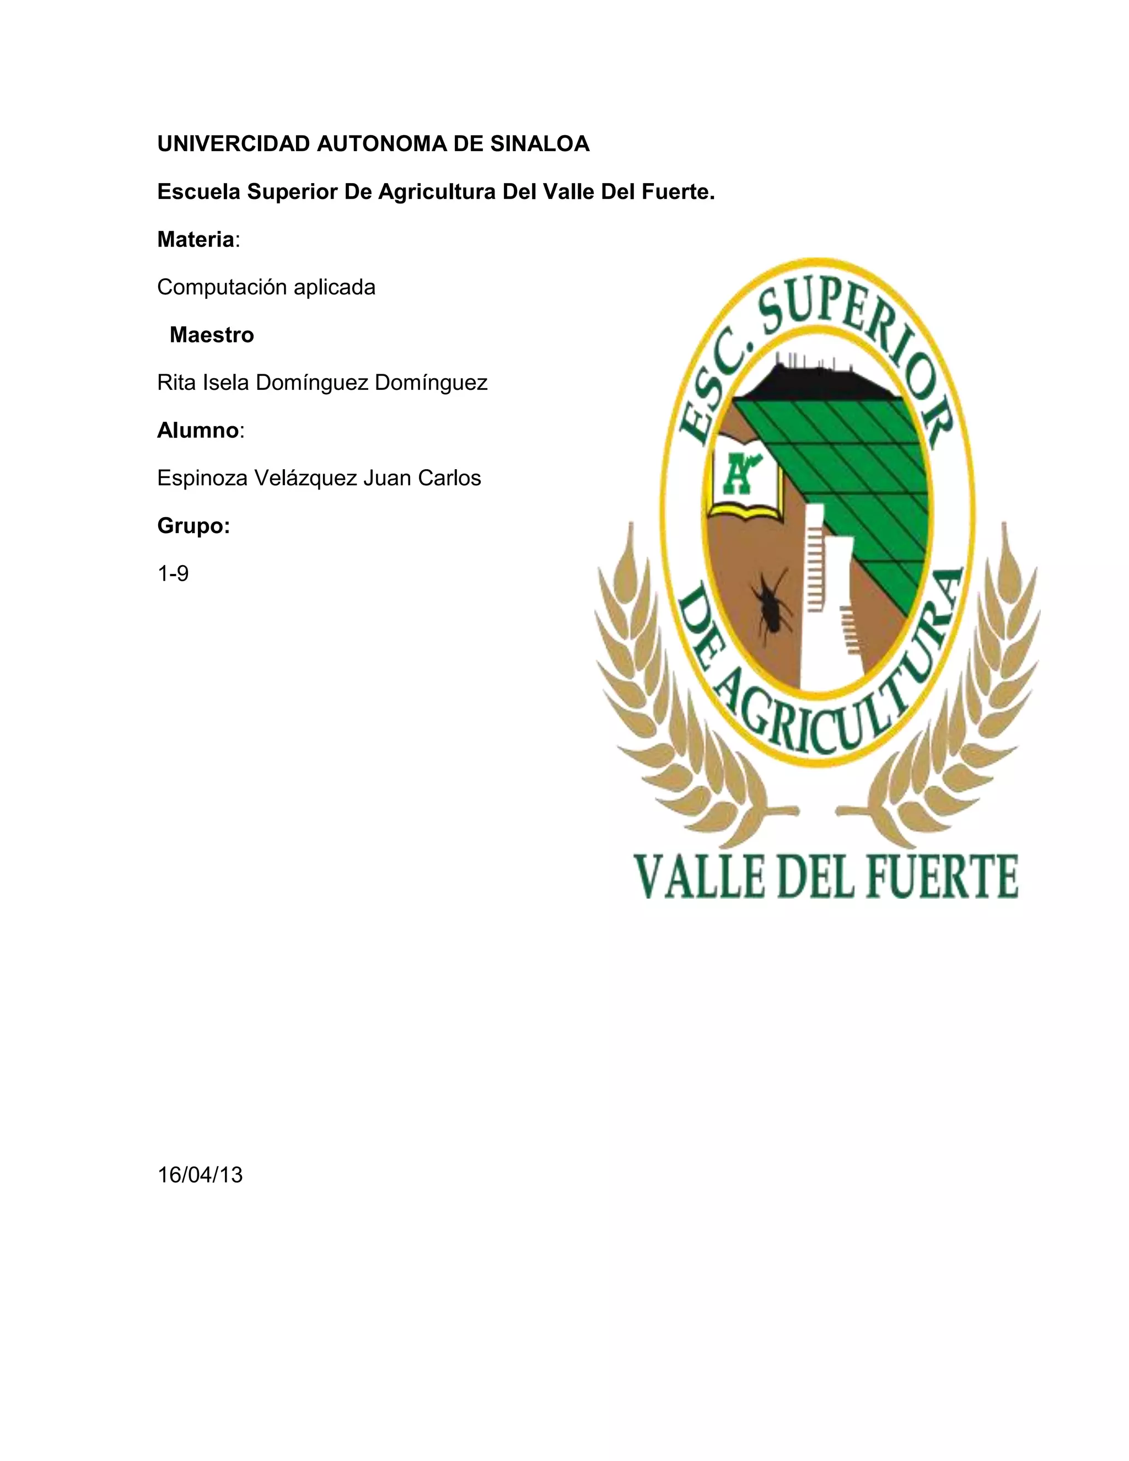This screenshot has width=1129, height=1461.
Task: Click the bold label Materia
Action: click(x=195, y=239)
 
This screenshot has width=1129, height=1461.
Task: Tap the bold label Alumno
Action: click(x=197, y=431)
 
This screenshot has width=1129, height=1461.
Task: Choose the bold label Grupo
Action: click(x=192, y=527)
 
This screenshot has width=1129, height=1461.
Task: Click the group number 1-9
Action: click(x=173, y=574)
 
